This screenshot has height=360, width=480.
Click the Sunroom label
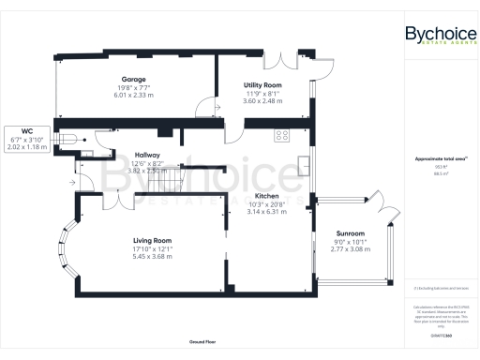[351, 232]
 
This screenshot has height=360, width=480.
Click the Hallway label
[146, 155]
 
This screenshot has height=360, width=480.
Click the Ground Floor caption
[202, 342]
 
